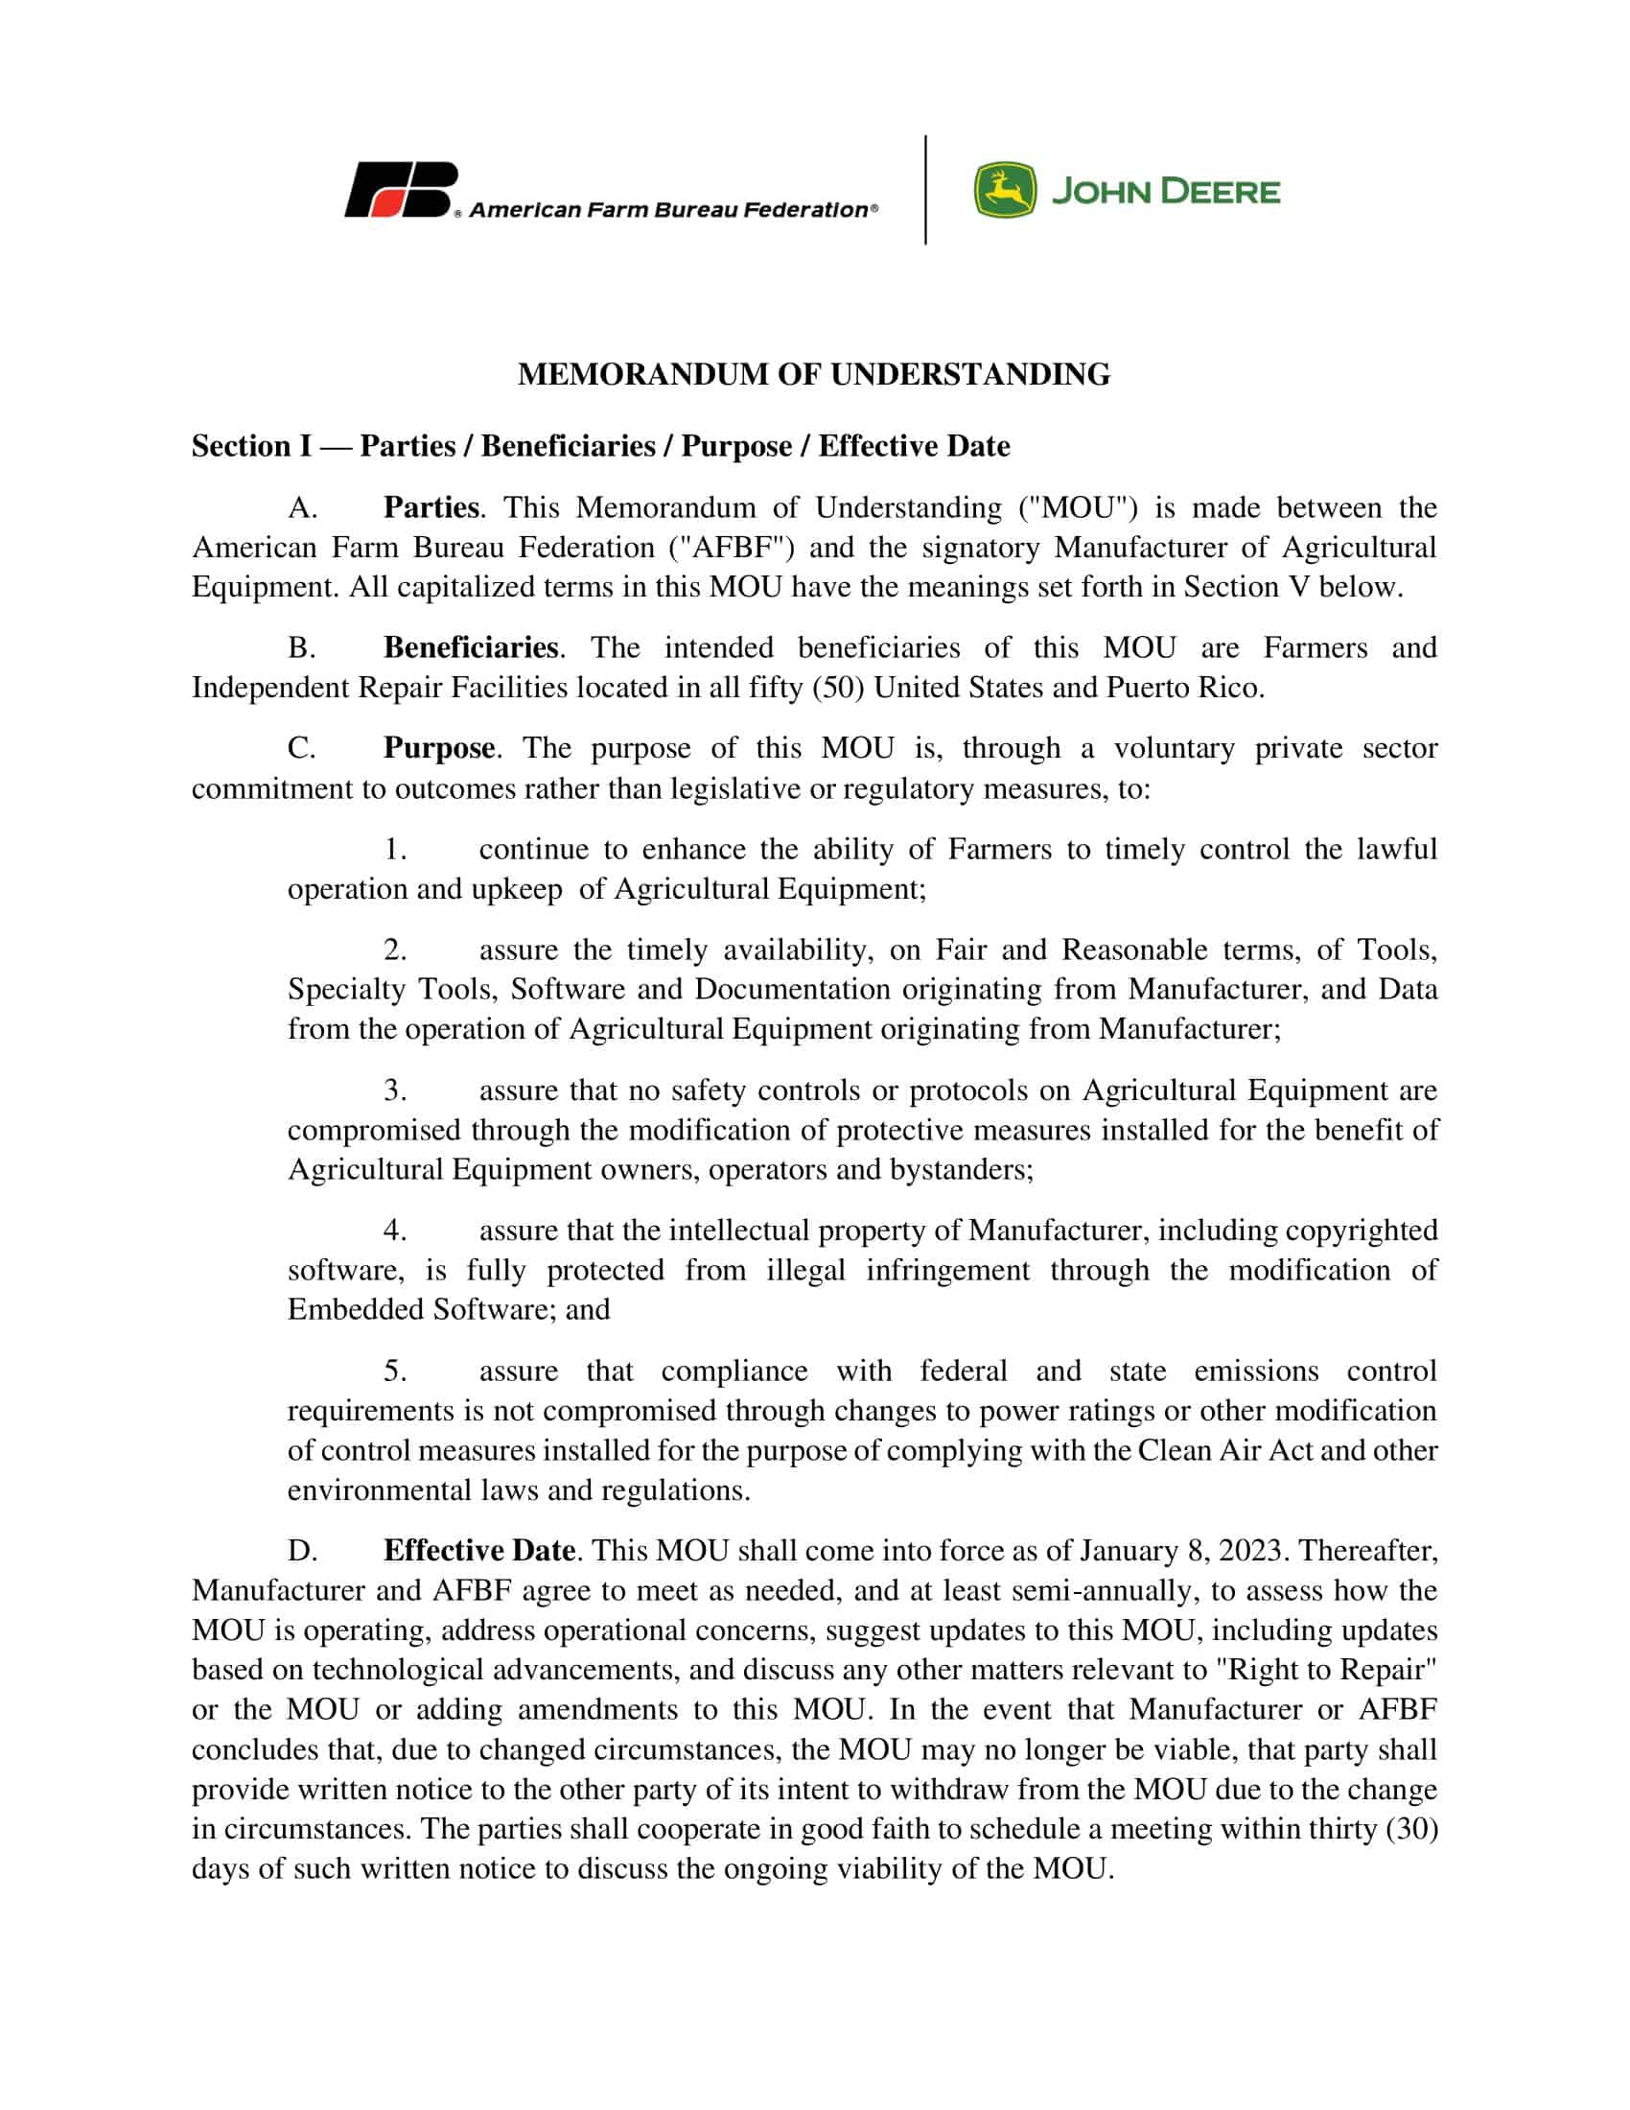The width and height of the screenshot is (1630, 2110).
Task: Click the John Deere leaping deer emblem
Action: point(1004,190)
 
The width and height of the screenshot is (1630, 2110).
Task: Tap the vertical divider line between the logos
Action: point(925,190)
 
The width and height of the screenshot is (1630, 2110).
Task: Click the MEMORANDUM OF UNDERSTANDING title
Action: point(814,375)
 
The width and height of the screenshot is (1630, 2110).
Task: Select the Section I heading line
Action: point(599,446)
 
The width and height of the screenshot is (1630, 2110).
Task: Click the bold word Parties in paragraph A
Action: point(431,508)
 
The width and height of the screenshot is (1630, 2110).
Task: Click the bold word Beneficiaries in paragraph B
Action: point(471,647)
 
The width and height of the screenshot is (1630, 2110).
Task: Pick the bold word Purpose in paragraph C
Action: point(439,748)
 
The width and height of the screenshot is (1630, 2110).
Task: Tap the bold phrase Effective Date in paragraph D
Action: point(479,1551)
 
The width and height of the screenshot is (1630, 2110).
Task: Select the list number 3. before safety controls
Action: point(395,1090)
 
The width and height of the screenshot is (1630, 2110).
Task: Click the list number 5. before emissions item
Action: point(395,1371)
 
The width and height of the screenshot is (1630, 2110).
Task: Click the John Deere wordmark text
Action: point(1166,191)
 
